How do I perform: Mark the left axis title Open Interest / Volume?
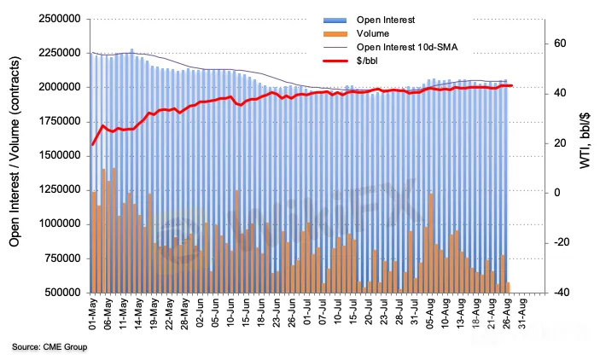(15, 156)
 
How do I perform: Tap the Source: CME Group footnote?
(49, 347)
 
